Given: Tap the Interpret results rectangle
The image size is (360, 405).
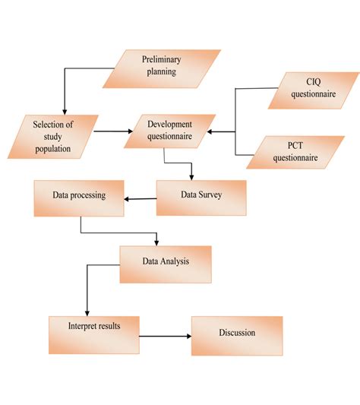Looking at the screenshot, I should (94, 332).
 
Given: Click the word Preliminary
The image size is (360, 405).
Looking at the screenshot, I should (160, 60).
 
